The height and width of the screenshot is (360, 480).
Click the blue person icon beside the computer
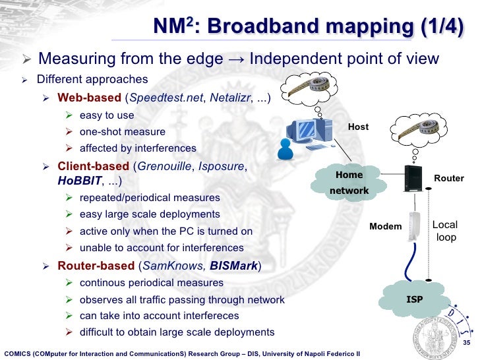coord(285,149)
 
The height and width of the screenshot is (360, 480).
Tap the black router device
coord(412,179)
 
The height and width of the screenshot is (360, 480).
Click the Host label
coord(358,127)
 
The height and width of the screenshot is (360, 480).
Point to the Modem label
coord(385,227)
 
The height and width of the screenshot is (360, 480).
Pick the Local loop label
coord(446,231)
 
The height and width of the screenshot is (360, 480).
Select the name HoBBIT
coord(76,181)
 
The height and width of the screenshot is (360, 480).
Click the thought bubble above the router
coord(413,128)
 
